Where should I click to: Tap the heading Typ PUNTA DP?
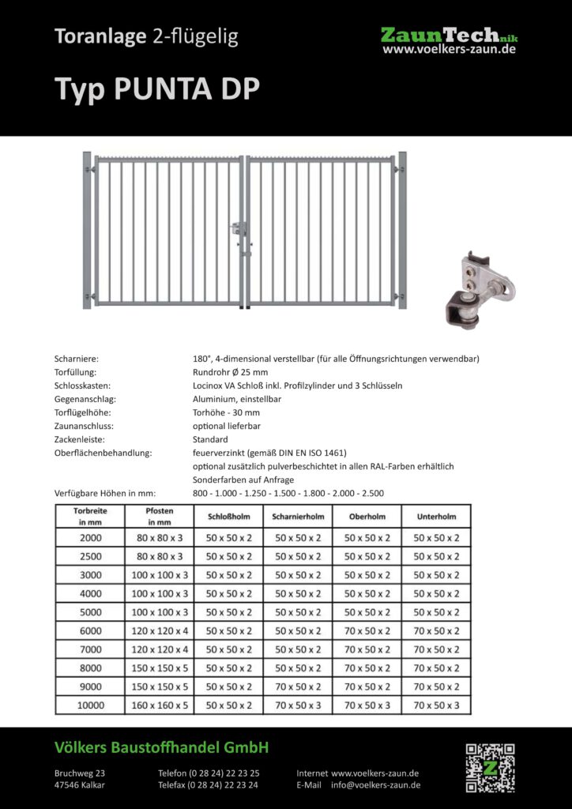pos(156,89)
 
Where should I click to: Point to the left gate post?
pos(88,231)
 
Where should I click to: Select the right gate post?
pos(402,231)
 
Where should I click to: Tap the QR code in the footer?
pos(490,767)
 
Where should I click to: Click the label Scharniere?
pos(77,359)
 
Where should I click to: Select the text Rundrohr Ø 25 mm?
pos(230,372)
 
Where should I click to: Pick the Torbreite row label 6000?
pos(91,630)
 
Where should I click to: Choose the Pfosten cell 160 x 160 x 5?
pos(160,706)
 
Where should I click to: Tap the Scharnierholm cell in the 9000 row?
pos(298,687)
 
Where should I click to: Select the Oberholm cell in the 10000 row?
pos(367,706)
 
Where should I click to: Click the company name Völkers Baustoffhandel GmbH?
pos(161,747)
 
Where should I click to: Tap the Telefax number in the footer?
pos(209,785)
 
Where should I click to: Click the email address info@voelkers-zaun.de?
pos(375,785)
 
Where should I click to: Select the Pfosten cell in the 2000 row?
pos(160,537)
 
